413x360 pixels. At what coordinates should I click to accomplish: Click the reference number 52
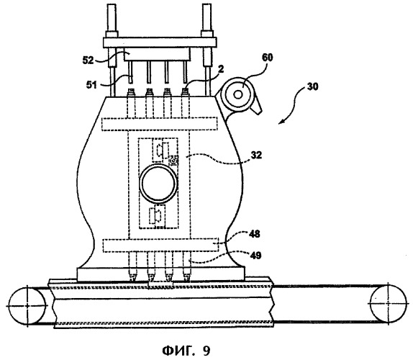[x=88, y=60]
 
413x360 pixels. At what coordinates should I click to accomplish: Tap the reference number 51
[x=92, y=85]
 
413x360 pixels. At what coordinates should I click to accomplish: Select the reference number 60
[x=267, y=58]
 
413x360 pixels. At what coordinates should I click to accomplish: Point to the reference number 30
[x=312, y=86]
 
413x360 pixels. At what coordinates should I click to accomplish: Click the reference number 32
[x=256, y=155]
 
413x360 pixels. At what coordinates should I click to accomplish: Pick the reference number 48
[x=255, y=234]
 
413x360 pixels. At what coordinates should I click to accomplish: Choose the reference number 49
[x=255, y=255]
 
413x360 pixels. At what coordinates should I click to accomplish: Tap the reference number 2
[x=221, y=69]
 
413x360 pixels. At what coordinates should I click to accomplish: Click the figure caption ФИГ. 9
[x=186, y=351]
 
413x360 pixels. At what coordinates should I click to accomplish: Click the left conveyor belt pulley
[x=27, y=306]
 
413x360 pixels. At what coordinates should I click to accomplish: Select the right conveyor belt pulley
[x=389, y=303]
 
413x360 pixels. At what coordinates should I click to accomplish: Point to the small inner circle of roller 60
[x=238, y=94]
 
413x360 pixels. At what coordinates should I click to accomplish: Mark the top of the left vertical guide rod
[x=112, y=4]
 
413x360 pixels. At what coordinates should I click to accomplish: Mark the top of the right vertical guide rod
[x=206, y=4]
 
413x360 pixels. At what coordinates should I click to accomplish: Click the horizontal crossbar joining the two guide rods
[x=160, y=42]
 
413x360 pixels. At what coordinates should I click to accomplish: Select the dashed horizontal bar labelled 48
[x=160, y=246]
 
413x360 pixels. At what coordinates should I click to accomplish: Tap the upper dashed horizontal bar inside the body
[x=160, y=124]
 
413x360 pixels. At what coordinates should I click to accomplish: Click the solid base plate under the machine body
[x=161, y=274]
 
